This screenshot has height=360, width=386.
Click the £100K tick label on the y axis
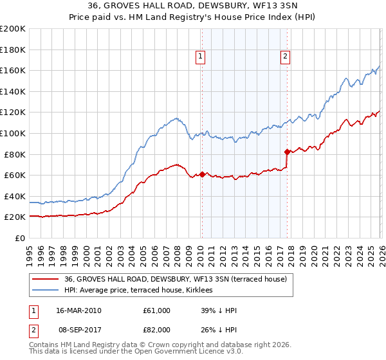pyautogui.click(x=13, y=133)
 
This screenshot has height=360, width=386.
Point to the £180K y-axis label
pyautogui.click(x=13, y=50)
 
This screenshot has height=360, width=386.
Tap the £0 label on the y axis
pyautogui.click(x=19, y=238)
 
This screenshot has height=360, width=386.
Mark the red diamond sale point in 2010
pyautogui.click(x=202, y=174)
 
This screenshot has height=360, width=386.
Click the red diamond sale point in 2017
pyautogui.click(x=287, y=152)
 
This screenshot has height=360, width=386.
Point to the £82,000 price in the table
pyautogui.click(x=157, y=329)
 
